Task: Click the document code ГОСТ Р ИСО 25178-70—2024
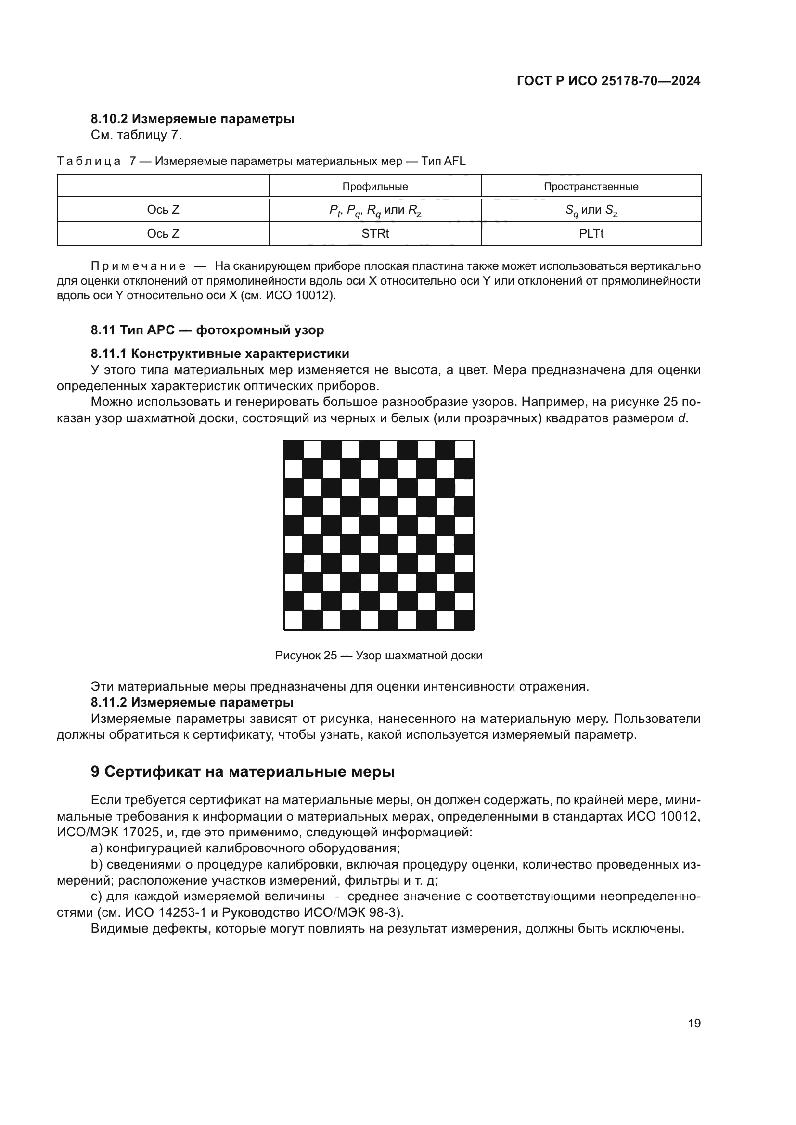[x=608, y=81]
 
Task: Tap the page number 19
[x=694, y=1023]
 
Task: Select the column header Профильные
[x=375, y=187]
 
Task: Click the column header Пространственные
[x=591, y=187]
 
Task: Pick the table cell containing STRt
[x=375, y=234]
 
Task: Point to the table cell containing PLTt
[x=591, y=234]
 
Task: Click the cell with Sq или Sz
[x=591, y=210]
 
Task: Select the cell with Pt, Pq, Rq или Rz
[x=375, y=210]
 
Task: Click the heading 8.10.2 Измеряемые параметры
[x=192, y=119]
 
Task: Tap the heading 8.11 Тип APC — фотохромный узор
[x=207, y=330]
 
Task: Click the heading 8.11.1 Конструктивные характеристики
[x=219, y=354]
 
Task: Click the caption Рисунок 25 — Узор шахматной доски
[x=378, y=656]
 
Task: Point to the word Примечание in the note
[x=138, y=266]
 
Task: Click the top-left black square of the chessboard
[x=294, y=449]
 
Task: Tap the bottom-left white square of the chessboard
[x=294, y=620]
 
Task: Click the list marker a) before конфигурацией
[x=97, y=848]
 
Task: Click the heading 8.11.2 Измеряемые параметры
[x=192, y=703]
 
